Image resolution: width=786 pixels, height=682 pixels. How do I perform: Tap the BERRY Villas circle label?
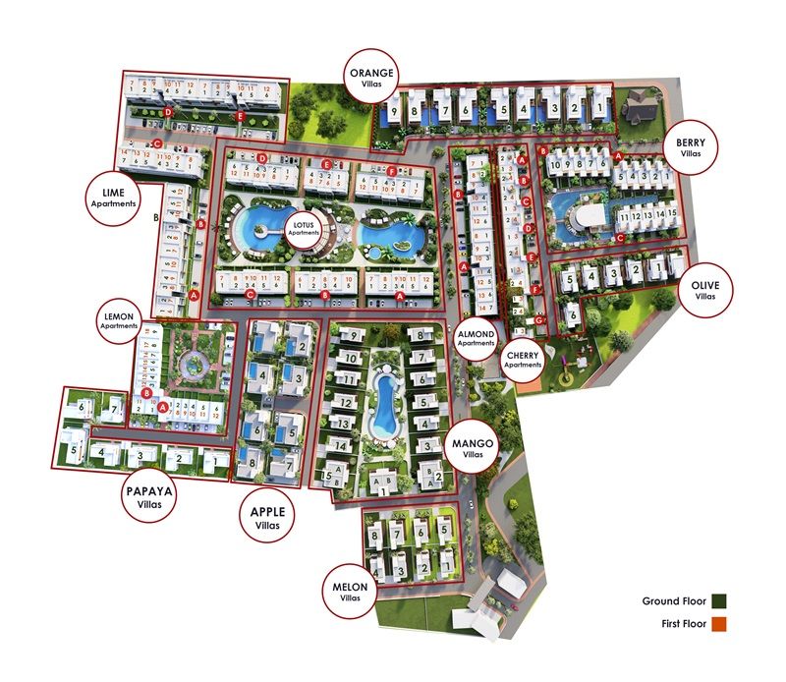coord(691,147)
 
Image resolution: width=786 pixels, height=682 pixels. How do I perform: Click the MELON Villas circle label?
coord(349,592)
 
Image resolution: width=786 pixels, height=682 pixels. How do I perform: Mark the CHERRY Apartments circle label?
coord(523,358)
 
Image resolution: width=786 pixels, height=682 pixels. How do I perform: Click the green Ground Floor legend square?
coord(720,600)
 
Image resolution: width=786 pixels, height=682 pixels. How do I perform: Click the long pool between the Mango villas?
coord(382,403)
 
